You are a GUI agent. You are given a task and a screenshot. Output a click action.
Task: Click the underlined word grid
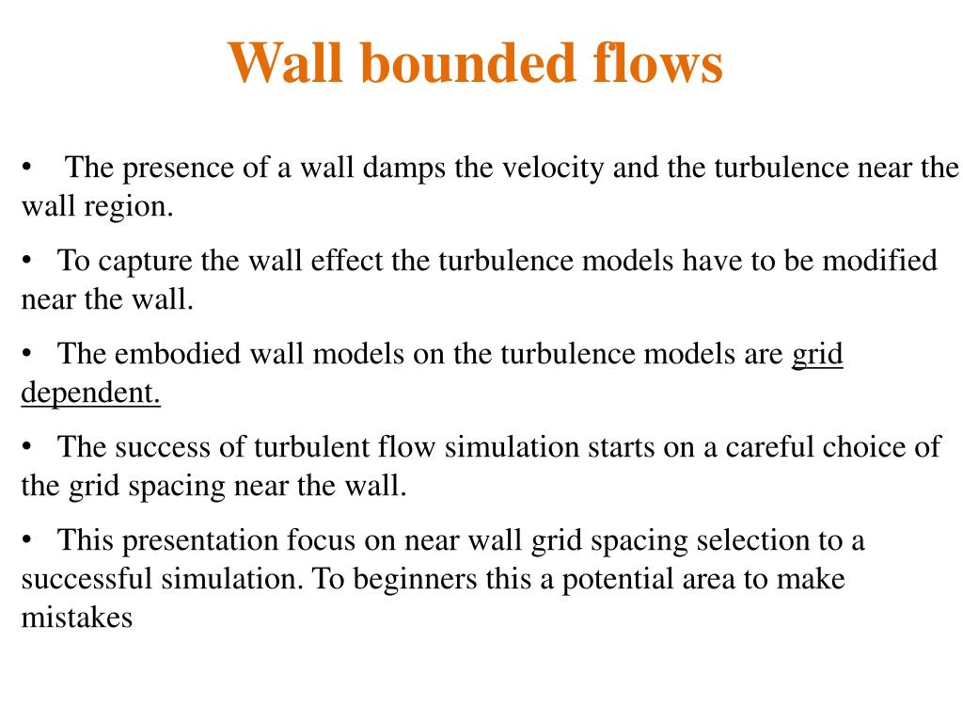tap(817, 356)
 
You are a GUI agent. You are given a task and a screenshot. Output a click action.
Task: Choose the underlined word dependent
tap(91, 393)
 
